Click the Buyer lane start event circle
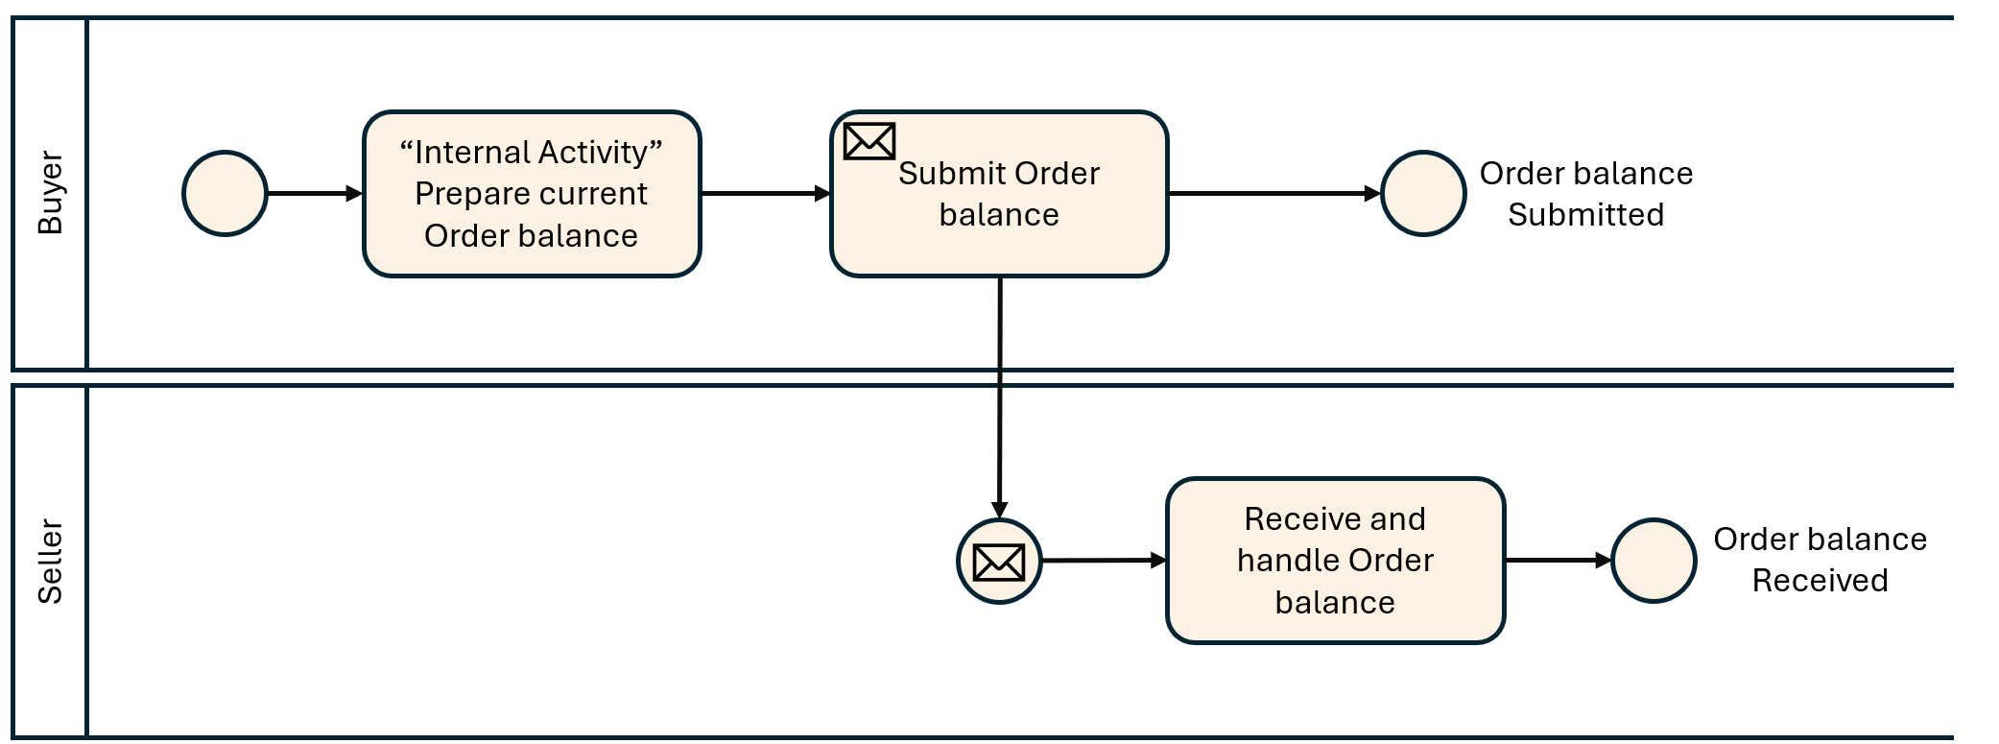coord(225,193)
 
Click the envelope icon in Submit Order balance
coord(869,141)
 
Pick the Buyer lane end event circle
coord(1422,193)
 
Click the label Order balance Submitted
coord(1585,194)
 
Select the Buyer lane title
coord(50,192)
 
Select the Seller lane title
coord(50,562)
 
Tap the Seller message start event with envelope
coord(999,562)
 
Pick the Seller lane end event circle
coord(1654,561)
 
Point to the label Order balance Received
coord(1820,560)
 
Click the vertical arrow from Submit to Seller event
coord(999,403)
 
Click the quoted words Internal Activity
coord(532,152)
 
